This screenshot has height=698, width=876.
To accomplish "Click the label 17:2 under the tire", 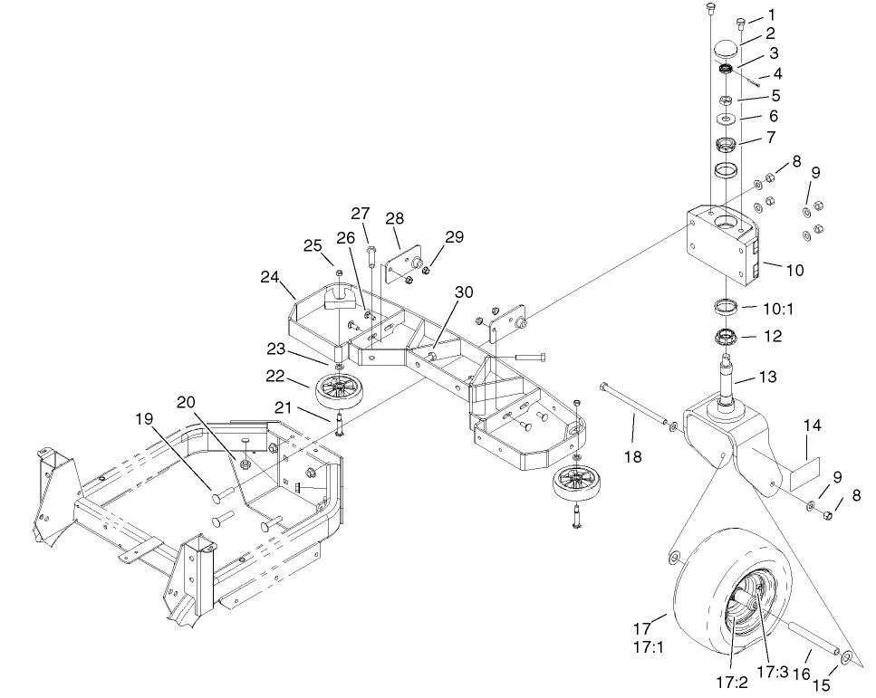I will pos(730,682).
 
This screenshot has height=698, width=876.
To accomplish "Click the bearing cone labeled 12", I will pos(725,339).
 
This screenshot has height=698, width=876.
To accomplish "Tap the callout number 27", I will pos(361,214).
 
